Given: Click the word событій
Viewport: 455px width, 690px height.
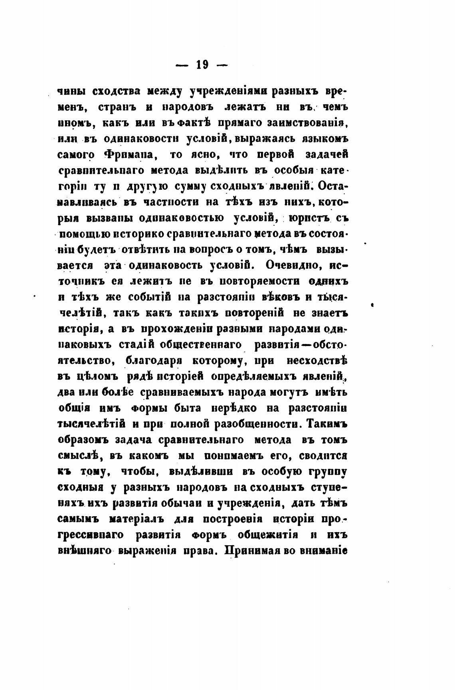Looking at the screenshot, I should click(x=150, y=297).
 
